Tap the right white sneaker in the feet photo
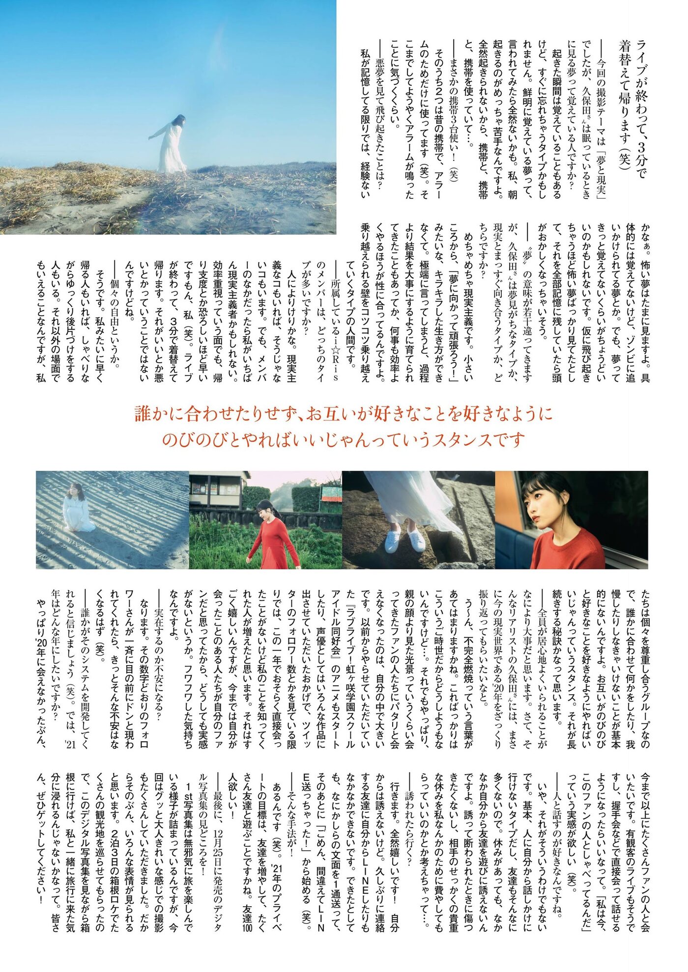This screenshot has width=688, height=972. coord(417,540)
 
